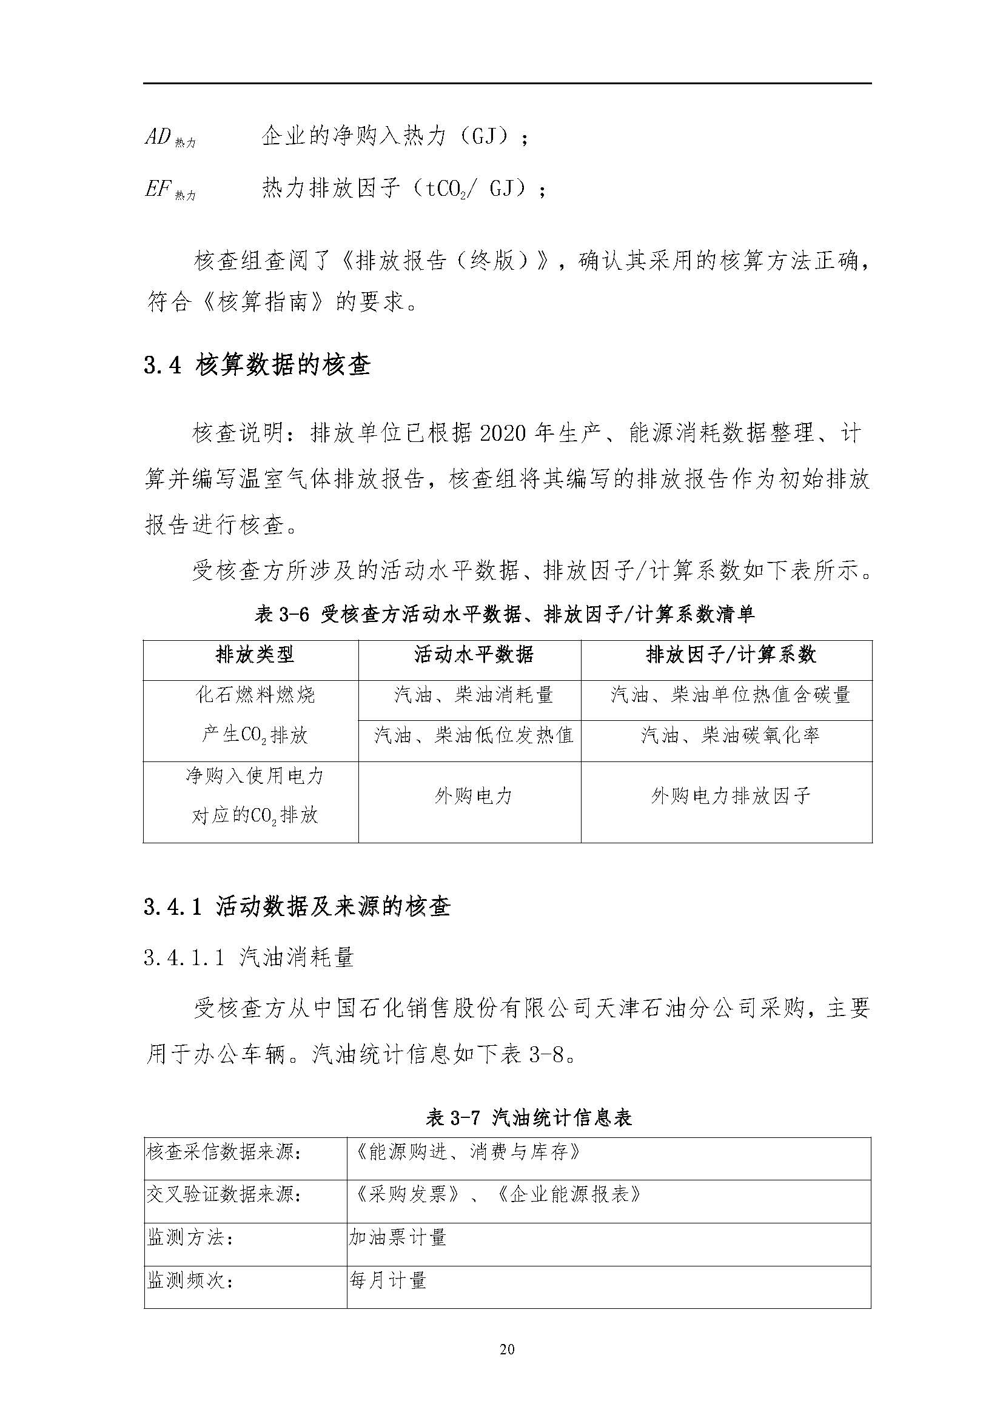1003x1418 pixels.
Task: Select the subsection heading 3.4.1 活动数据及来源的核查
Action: (x=297, y=906)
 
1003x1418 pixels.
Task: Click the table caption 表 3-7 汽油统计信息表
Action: (x=529, y=1117)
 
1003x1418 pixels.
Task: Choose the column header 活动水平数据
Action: (x=473, y=654)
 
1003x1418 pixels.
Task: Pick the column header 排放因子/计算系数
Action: (x=731, y=654)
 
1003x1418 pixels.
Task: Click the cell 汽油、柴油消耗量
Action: (x=473, y=695)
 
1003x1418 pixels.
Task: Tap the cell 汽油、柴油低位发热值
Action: (x=473, y=735)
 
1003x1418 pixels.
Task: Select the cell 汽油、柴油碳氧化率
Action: (x=731, y=735)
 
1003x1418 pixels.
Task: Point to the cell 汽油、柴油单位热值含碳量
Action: (x=731, y=695)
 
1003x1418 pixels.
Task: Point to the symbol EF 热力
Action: (x=170, y=190)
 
